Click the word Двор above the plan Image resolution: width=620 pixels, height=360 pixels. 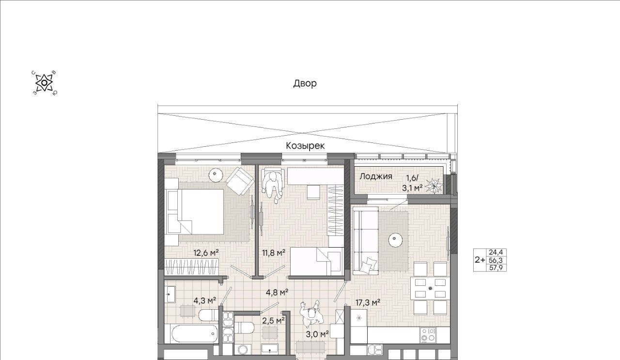coord(305,83)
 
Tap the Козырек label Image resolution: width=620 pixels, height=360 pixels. coord(305,146)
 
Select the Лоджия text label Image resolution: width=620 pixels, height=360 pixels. coord(375,176)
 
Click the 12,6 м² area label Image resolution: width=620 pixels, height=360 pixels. coord(206,253)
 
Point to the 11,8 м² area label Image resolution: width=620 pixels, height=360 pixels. coord(274,253)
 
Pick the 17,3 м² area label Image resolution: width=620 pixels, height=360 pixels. coord(368,302)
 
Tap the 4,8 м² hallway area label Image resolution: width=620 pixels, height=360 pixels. coord(277,292)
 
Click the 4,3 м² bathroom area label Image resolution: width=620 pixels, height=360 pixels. coord(205,300)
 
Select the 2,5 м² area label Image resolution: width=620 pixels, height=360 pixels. coord(274,321)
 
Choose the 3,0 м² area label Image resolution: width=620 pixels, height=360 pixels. coord(317,334)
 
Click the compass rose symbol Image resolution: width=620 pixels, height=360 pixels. coord(44,83)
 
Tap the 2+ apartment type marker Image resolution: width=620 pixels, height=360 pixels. coord(480,260)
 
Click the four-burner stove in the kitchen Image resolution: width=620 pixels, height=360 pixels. coord(428,335)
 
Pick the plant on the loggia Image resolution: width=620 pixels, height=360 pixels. coord(433,186)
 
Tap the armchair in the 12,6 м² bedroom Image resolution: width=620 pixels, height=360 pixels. coord(240,181)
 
